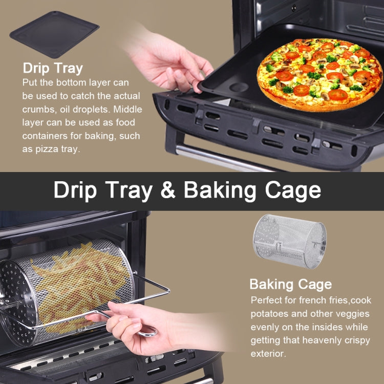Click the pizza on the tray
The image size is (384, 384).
coord(319,75)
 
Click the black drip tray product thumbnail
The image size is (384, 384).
coord(54,34)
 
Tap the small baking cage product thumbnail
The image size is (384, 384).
coord(290,241)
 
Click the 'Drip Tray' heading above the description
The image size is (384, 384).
coord(53,68)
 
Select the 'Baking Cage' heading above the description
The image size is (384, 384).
coord(291,285)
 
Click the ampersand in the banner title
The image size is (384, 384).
coord(168,190)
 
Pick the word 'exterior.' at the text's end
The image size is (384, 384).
coord(268,354)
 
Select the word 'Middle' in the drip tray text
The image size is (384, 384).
coord(127,109)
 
